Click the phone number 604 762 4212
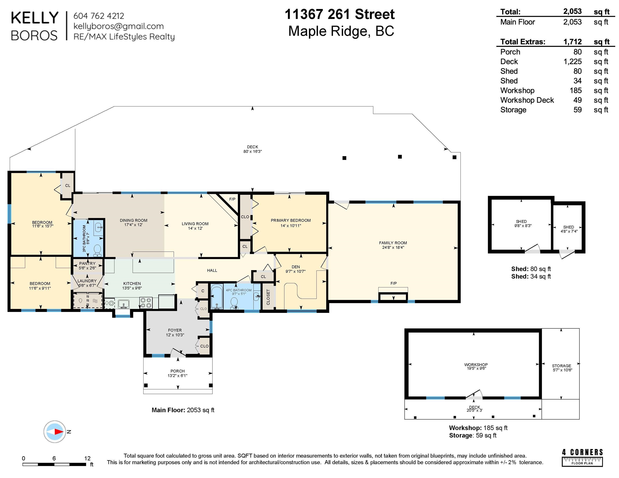tap(99, 16)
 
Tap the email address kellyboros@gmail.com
tap(119, 26)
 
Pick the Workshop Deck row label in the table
tap(527, 100)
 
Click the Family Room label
tap(393, 243)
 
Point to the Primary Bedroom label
tap(291, 220)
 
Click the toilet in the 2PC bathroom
tap(97, 250)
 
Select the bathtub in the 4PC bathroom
tap(217, 297)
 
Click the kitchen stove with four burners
tap(146, 302)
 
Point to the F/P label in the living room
tap(232, 199)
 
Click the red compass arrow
tap(59, 432)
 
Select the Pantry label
tap(87, 263)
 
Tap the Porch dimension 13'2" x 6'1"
tap(177, 376)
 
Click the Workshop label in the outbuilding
tap(476, 365)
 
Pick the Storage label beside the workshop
tap(561, 366)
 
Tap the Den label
tap(296, 267)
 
